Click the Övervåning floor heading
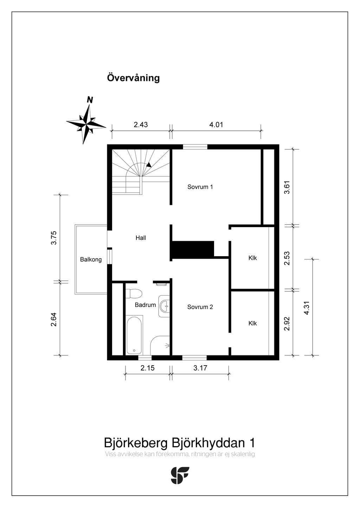133,78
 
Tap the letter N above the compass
90,100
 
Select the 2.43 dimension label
141,124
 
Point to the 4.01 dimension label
216,124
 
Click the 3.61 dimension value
287,187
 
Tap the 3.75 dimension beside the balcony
54,238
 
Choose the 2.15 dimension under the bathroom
147,368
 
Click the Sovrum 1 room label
200,187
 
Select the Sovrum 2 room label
200,307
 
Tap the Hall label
141,238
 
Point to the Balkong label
91,259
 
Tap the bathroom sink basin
164,306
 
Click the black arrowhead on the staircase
149,165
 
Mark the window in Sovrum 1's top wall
195,147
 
